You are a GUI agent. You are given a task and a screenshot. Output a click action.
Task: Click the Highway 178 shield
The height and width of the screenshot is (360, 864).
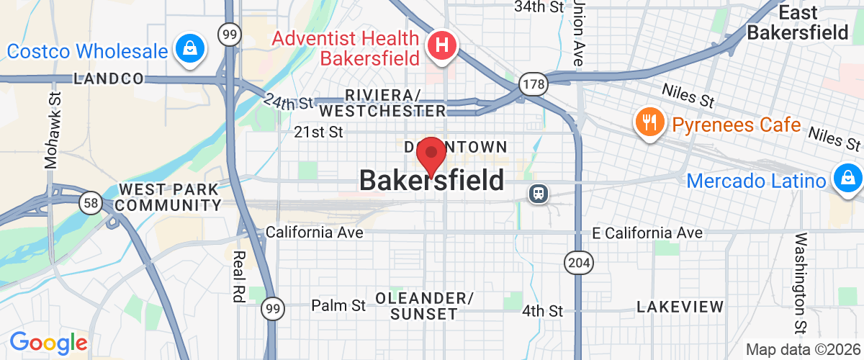tap(534, 84)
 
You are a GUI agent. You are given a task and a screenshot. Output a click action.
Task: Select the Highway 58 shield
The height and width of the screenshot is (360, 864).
tap(91, 204)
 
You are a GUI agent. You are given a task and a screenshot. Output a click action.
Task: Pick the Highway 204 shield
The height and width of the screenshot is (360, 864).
tap(579, 263)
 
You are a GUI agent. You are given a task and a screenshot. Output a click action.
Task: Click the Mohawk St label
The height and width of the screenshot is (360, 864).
tap(51, 130)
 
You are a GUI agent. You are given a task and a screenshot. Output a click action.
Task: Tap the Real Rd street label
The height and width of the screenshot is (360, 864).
tap(239, 275)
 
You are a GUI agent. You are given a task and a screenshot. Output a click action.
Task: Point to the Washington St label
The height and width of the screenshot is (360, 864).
tap(801, 284)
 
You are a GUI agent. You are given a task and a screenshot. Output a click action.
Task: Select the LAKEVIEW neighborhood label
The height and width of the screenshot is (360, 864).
tap(680, 307)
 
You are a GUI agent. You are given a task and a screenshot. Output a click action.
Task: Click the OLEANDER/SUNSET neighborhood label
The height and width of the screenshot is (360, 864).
tap(424, 306)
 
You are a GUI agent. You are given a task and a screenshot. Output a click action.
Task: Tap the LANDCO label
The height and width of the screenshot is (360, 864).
tap(109, 79)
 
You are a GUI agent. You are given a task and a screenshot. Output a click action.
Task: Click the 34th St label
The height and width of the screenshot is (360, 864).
tap(538, 7)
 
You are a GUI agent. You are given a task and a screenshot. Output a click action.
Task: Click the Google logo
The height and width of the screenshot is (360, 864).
tap(48, 342)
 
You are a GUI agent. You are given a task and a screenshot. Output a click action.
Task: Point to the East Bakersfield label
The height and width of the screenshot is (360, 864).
tap(787, 22)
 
